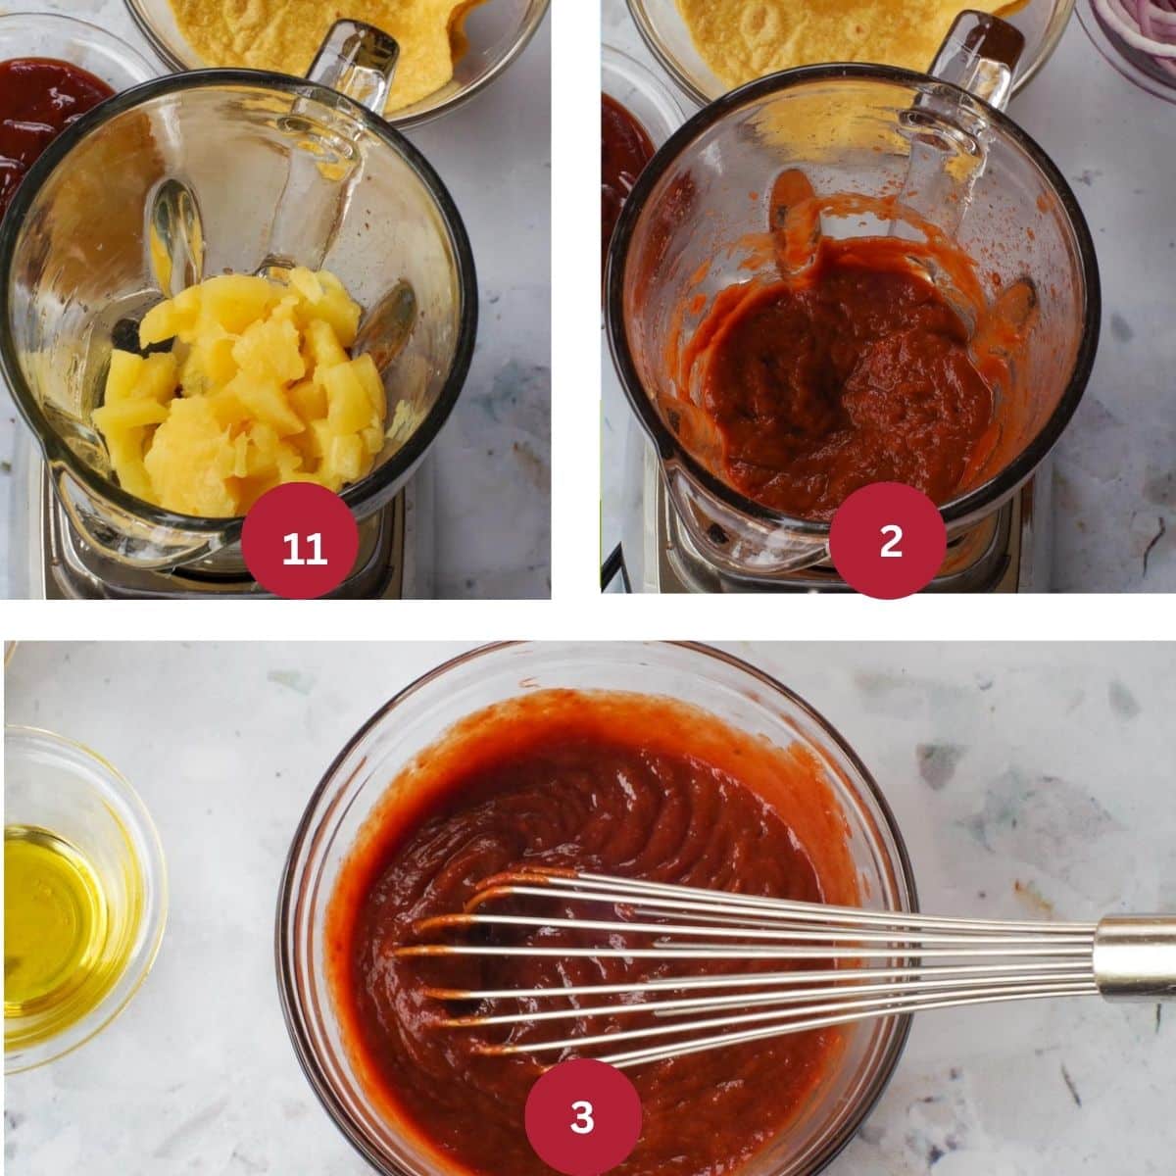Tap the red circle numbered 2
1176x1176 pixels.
890,540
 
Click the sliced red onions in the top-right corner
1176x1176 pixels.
1137,39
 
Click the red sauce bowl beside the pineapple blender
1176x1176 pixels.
49,108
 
